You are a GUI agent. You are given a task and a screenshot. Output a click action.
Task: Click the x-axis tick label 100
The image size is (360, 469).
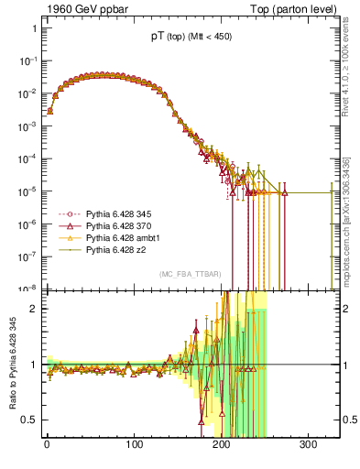(134, 446)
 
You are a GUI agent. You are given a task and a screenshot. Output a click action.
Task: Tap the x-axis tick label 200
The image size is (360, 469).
(221, 446)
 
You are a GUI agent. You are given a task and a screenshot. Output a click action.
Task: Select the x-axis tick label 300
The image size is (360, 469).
(308, 446)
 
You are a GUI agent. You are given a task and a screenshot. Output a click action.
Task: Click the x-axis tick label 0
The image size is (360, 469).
(47, 446)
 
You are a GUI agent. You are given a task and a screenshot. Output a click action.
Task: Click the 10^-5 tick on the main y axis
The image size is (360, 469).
(27, 192)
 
